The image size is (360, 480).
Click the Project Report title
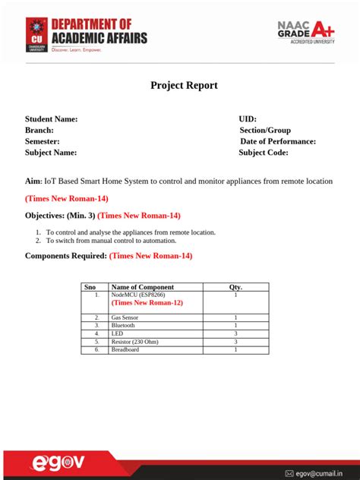(x=184, y=85)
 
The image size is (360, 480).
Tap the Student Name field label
(x=51, y=118)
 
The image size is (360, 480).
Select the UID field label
(x=248, y=118)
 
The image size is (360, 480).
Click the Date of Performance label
(x=278, y=141)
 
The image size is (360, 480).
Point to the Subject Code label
(x=264, y=153)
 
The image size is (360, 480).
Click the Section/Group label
(x=265, y=130)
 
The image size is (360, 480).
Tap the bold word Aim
(x=33, y=182)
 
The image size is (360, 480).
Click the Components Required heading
(x=65, y=256)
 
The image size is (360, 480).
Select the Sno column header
(x=90, y=287)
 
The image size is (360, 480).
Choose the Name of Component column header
(x=142, y=287)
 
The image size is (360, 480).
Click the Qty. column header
(x=235, y=287)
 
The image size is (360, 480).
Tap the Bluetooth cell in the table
(x=123, y=325)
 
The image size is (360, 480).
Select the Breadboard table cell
(x=125, y=349)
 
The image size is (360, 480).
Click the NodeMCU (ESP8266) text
(x=138, y=295)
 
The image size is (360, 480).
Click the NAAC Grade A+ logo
(x=305, y=33)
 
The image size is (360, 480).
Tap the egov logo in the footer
(x=58, y=463)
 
